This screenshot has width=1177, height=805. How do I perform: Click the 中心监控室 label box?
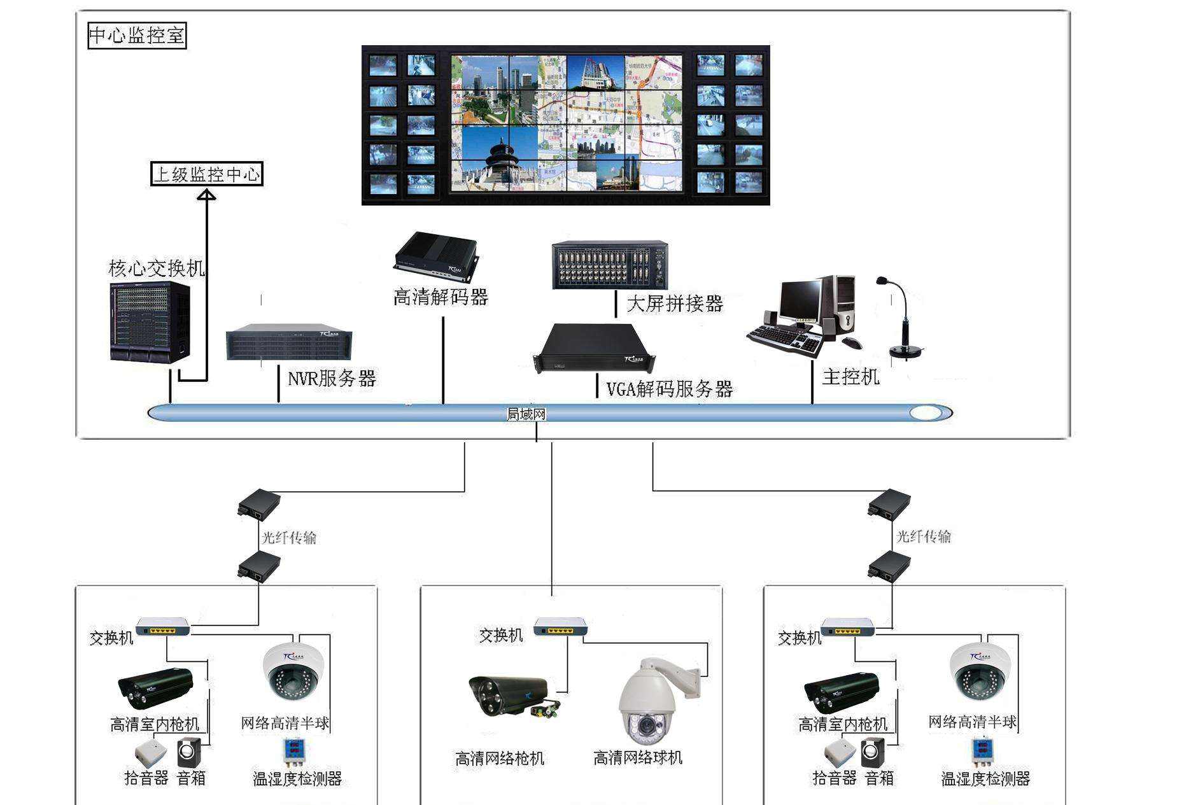click(x=137, y=35)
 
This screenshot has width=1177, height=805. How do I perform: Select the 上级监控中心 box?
click(x=206, y=174)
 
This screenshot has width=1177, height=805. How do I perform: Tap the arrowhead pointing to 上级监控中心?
click(x=206, y=195)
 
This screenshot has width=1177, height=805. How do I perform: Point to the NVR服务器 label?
click(x=332, y=379)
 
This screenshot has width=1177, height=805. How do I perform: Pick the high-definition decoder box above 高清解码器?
click(x=437, y=257)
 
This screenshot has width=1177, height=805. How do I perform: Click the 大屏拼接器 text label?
click(x=675, y=304)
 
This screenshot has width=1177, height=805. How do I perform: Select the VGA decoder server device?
click(x=593, y=347)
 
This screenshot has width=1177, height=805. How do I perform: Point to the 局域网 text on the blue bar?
click(x=526, y=414)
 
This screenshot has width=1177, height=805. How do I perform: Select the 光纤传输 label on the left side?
click(x=289, y=538)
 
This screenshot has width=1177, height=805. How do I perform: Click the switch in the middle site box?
click(x=561, y=626)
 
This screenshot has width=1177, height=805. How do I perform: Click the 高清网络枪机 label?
click(x=500, y=759)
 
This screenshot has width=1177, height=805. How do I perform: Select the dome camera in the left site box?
click(x=293, y=671)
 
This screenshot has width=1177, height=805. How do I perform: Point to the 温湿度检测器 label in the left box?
click(x=297, y=778)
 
